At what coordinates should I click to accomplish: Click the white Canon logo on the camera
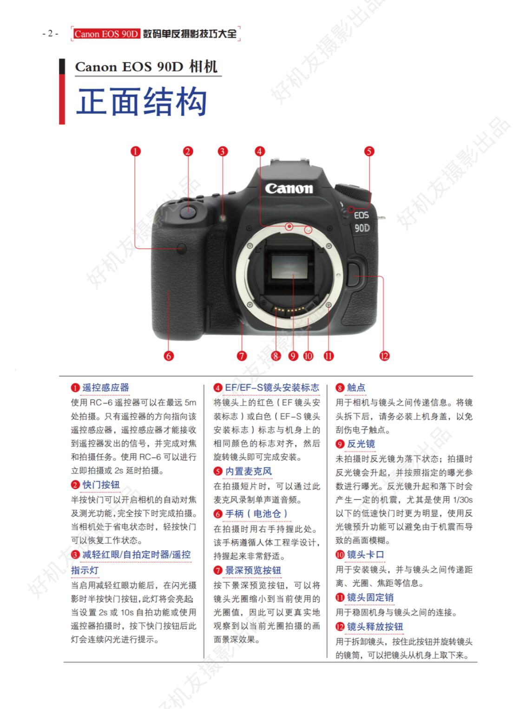click(x=289, y=189)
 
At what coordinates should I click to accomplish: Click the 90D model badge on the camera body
click(x=362, y=228)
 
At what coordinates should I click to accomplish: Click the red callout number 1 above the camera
click(x=136, y=151)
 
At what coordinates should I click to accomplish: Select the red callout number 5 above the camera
click(x=369, y=151)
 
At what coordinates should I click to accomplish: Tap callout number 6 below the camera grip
click(x=169, y=356)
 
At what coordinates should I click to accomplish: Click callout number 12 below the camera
click(x=384, y=356)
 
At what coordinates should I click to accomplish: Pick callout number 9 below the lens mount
click(x=293, y=356)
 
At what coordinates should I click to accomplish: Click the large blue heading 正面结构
click(x=141, y=102)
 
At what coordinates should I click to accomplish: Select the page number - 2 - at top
click(x=50, y=33)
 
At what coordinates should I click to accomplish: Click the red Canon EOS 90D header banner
click(x=106, y=33)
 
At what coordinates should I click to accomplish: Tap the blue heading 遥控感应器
click(x=105, y=387)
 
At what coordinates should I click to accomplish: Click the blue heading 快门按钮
click(x=101, y=485)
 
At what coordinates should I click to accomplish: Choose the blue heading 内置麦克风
click(x=249, y=471)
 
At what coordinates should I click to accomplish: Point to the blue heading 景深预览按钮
click(x=253, y=571)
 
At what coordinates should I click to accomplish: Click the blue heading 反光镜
click(x=361, y=444)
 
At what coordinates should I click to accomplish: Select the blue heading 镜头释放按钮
click(x=375, y=627)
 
